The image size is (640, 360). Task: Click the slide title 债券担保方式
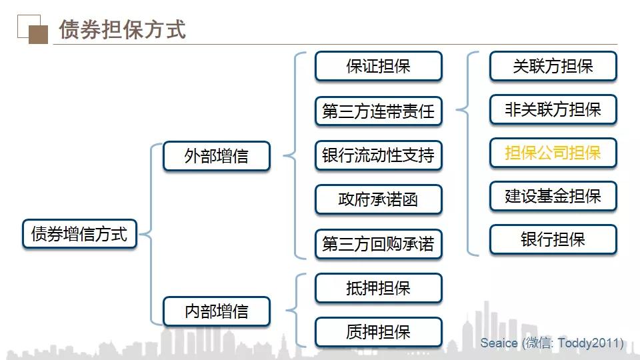coord(122,29)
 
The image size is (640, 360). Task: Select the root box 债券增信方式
coord(79,235)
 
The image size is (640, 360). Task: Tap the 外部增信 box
coord(217,156)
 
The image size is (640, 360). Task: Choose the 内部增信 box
coord(217,311)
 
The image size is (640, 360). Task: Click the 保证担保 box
coord(378,67)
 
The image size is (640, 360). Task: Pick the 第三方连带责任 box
coord(378,111)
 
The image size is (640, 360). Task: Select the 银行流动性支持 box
coord(378,155)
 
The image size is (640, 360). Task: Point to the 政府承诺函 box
coord(378,199)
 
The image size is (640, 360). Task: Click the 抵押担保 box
coord(378,289)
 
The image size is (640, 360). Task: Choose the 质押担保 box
coord(378,332)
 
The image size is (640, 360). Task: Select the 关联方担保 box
coord(553,67)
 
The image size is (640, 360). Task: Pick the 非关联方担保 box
coord(553,109)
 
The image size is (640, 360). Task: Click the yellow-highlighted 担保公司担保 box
coord(553,153)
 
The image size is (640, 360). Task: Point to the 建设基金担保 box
coord(553,196)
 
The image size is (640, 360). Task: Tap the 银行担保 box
coord(553,239)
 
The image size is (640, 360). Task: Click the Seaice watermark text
coord(551,343)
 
